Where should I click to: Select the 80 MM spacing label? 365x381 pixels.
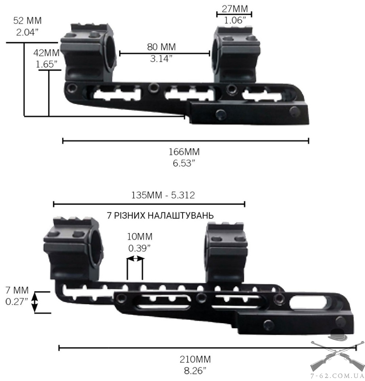[x=161, y=47]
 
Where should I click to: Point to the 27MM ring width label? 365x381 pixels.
[x=234, y=8]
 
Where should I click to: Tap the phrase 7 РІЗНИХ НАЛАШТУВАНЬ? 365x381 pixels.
[x=160, y=215]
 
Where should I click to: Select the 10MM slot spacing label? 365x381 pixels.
[x=139, y=236]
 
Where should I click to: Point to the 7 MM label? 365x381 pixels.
[x=17, y=291]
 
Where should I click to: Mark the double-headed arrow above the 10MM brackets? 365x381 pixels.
[x=135, y=259]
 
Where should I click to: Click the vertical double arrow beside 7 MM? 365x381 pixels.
[x=35, y=302]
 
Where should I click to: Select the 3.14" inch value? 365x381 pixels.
[x=161, y=58]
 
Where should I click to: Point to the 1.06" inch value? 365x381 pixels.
[x=234, y=21]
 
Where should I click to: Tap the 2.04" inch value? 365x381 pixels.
[x=27, y=32]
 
